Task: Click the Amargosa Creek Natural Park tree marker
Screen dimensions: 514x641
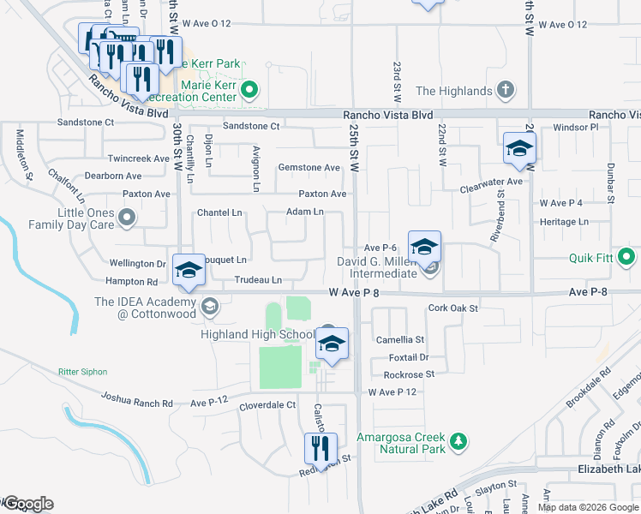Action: pos(460,441)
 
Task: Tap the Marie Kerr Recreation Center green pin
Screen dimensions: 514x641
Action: pos(250,89)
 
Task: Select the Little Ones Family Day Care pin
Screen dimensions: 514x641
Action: pos(128,218)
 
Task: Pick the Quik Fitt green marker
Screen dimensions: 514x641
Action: pos(627,256)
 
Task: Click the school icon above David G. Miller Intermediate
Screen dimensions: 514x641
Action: pos(424,248)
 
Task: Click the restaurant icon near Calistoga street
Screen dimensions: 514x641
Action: pos(320,448)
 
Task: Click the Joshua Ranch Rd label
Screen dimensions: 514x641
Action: pos(137,399)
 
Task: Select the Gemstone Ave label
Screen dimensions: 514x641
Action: pos(309,168)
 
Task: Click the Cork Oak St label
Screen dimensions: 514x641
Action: pos(452,308)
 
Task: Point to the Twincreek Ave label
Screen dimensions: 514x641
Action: pos(139,158)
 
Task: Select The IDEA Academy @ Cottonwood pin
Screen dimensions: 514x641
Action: pos(209,306)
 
